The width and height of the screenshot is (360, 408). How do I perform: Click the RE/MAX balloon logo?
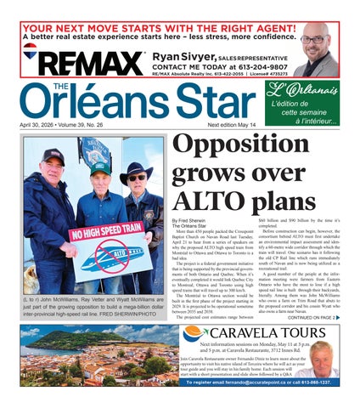click(30, 51)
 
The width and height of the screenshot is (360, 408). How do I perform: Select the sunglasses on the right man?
click(137, 177)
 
